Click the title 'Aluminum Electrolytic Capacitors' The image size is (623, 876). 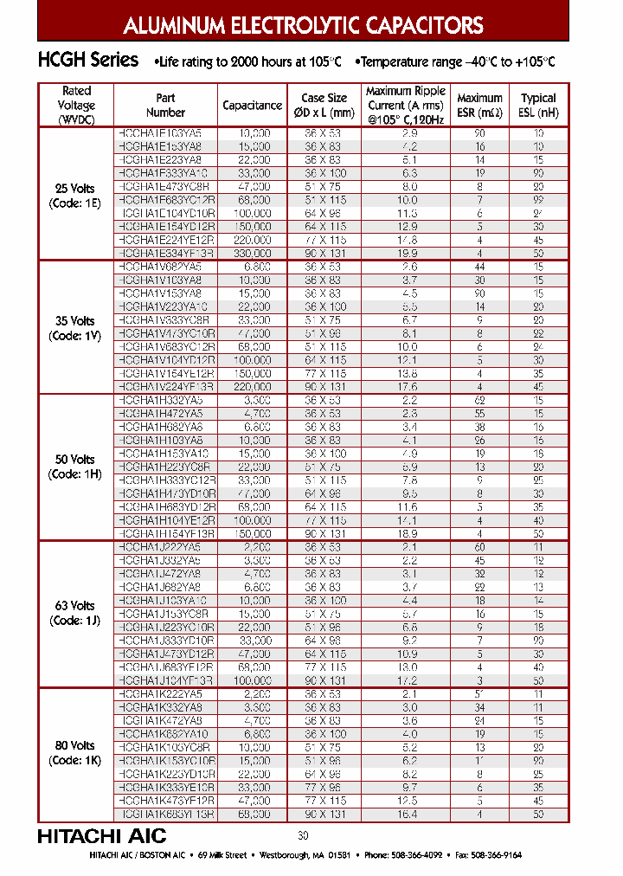click(x=303, y=24)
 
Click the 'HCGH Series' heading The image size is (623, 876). click(x=87, y=61)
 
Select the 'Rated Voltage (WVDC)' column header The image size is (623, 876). click(x=77, y=105)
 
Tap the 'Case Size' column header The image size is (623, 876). click(x=324, y=105)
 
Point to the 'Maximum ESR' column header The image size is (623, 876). click(x=479, y=105)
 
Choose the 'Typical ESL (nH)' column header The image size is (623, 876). click(x=538, y=105)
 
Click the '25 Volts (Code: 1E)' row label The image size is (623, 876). click(x=77, y=196)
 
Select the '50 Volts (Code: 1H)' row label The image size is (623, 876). click(x=77, y=467)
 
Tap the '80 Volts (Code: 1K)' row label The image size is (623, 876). click(x=77, y=752)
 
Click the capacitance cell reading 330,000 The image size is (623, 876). click(x=253, y=254)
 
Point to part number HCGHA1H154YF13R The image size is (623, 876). click(x=164, y=534)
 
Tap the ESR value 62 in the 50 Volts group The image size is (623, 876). click(x=479, y=401)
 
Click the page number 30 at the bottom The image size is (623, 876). click(x=303, y=835)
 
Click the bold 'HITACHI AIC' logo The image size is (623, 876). click(x=101, y=836)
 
